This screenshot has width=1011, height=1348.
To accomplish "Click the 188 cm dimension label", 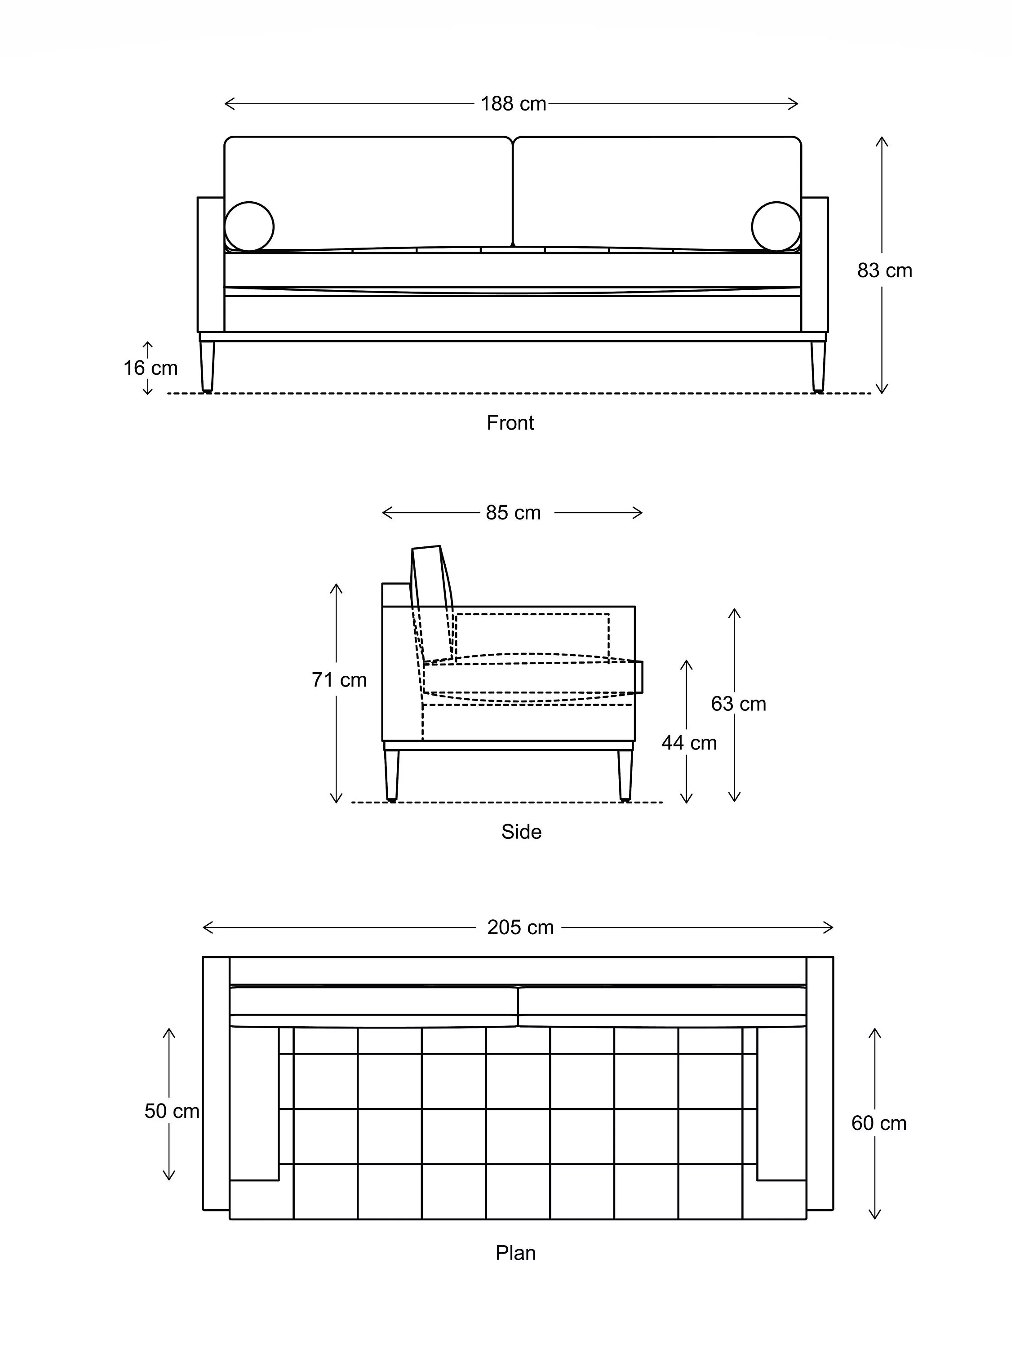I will click(513, 104).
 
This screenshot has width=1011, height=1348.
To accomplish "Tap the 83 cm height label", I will click(884, 270).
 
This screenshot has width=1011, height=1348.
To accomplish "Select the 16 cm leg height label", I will click(150, 368).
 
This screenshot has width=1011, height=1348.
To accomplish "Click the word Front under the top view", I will click(510, 423).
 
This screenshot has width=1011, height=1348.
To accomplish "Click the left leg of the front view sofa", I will click(207, 366).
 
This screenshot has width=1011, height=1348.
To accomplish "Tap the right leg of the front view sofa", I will click(818, 366).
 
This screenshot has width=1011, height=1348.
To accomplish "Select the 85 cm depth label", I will click(513, 513).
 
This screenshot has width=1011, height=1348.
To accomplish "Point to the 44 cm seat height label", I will click(689, 743).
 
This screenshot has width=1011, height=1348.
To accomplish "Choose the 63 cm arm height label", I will click(738, 704).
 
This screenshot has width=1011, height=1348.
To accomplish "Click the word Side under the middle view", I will click(521, 832).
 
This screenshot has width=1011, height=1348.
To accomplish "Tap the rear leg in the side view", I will click(392, 774).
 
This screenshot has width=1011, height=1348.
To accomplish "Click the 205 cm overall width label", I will click(520, 927).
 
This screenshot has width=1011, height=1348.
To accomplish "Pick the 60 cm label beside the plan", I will click(878, 1123).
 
